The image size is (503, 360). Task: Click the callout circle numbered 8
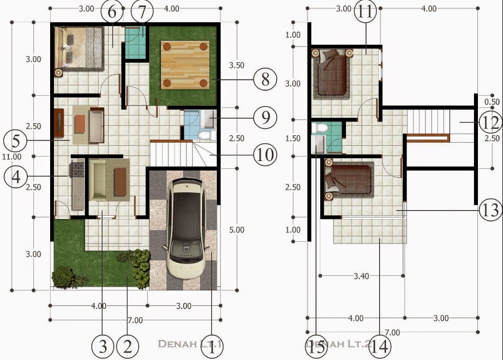pos(265,80)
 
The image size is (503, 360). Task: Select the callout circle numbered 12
pos(489,121)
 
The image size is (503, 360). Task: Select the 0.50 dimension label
pos(492,102)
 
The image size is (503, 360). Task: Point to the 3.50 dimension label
pos(236,65)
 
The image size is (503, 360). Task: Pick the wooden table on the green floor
pos(185,65)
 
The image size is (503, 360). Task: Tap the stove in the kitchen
pos(76,169)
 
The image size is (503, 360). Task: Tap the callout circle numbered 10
pos(265,155)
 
